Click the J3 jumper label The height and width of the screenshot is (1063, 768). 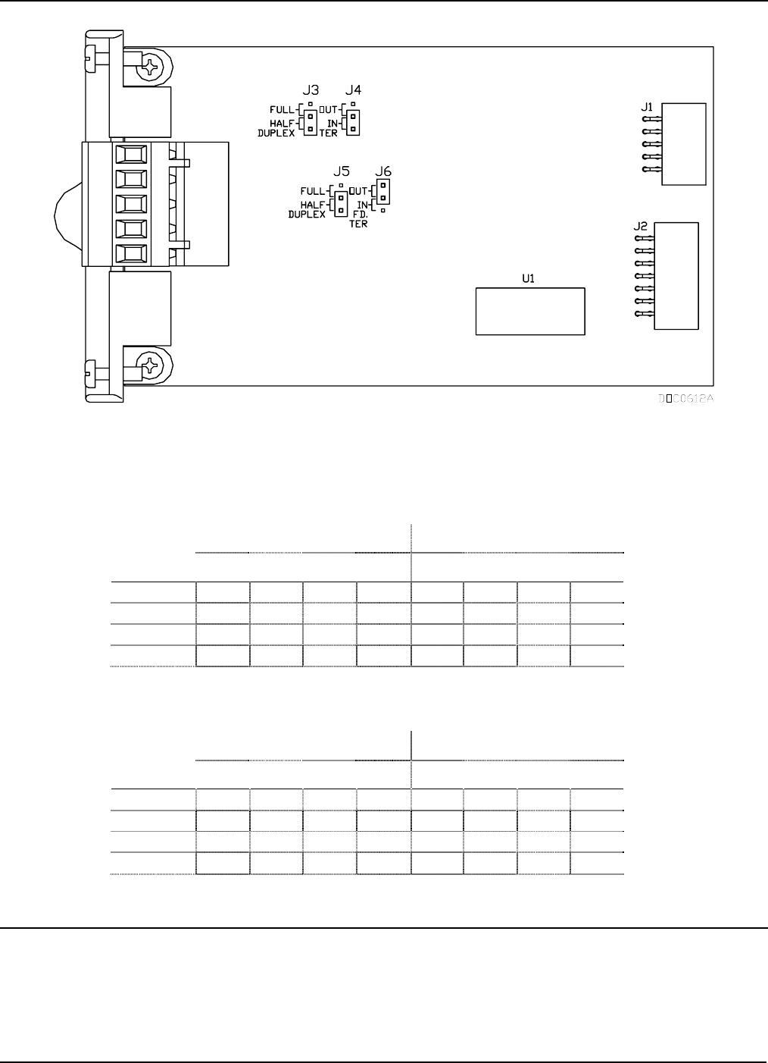[310, 90]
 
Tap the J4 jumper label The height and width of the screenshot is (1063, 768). [353, 90]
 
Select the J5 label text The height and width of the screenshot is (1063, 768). [341, 171]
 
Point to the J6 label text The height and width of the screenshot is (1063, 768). [383, 171]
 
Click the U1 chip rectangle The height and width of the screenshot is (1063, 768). [530, 311]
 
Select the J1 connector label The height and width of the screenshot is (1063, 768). [647, 108]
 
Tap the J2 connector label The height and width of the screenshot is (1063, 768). [640, 226]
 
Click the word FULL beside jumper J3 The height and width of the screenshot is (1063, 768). [283, 110]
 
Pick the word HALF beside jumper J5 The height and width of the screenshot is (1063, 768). [313, 205]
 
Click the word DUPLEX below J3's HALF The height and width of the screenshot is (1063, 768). [276, 133]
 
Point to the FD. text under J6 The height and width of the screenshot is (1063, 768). [359, 215]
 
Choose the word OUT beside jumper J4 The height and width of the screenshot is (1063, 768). [329, 110]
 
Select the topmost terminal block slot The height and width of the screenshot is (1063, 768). [130, 155]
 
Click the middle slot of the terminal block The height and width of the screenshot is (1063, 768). [130, 205]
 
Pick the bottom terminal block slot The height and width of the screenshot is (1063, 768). [130, 254]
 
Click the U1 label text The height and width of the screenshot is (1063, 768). [528, 279]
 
